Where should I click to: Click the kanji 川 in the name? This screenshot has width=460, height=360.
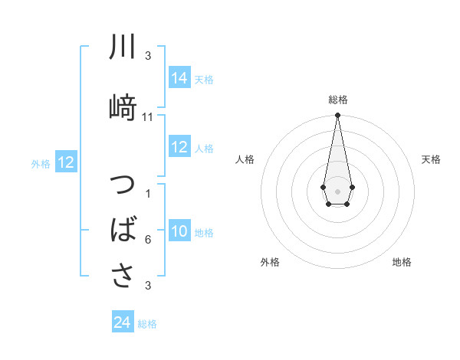(x=123, y=47)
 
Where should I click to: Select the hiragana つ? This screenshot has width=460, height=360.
(x=123, y=187)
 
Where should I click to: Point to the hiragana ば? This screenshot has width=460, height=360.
(x=123, y=229)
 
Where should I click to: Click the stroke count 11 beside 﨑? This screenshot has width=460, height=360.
(x=148, y=117)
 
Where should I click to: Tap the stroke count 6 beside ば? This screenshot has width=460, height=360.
(x=148, y=240)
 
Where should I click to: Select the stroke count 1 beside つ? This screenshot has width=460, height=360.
(x=148, y=194)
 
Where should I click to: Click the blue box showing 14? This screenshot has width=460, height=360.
(x=179, y=78)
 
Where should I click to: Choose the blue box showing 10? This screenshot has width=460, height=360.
(x=179, y=232)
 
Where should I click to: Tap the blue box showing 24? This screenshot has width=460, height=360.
(x=123, y=323)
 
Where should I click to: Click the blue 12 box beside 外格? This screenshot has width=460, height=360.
(x=65, y=162)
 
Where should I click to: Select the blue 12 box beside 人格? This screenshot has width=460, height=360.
(x=179, y=148)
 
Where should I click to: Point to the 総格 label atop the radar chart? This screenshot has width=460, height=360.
(x=338, y=100)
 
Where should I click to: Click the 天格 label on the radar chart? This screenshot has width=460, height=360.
(x=431, y=159)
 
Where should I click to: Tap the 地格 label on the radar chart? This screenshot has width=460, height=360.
(x=402, y=262)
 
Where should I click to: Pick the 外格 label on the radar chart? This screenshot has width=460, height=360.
(x=270, y=262)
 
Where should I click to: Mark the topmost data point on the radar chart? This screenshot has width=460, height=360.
(x=337, y=116)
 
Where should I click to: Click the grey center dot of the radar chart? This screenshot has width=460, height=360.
(x=337, y=190)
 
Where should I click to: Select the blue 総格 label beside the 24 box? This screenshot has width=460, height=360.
(x=147, y=324)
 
